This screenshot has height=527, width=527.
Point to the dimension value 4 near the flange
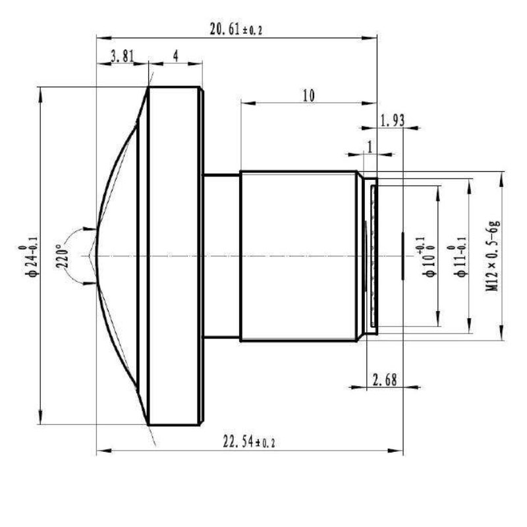click(176, 56)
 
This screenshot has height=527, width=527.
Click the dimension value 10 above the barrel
click(308, 95)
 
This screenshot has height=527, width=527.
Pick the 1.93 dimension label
click(392, 120)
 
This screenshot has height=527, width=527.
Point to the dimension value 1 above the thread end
click(370, 146)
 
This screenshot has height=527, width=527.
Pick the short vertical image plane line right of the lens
click(402, 256)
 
